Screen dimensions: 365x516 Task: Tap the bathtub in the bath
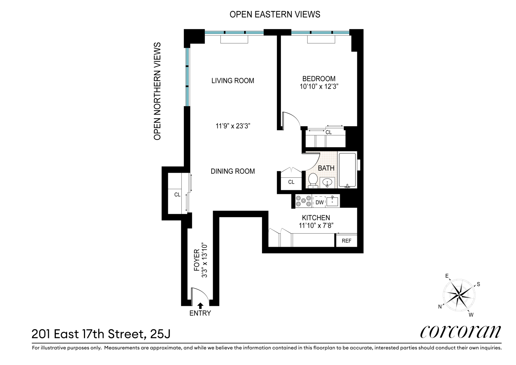[347, 170]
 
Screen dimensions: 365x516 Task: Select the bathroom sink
[328, 182]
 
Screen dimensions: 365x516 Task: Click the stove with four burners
[303, 201]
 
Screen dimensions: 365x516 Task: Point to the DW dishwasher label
[320, 202]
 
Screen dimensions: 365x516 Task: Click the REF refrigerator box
[346, 241]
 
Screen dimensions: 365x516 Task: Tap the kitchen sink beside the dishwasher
[332, 201]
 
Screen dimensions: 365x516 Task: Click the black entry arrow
[200, 306]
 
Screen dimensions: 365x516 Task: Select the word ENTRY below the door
[200, 313]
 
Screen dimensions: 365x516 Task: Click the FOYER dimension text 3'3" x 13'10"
[205, 261]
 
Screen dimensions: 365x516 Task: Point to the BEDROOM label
[319, 78]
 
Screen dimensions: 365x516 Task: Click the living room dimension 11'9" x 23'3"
[233, 126]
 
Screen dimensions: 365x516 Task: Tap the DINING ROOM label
[233, 171]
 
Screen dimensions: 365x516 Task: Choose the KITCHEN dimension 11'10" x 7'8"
[316, 226]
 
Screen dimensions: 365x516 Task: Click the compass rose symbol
[459, 295]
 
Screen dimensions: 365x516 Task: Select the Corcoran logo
[461, 331]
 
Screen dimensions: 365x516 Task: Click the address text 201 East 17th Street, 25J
[101, 334]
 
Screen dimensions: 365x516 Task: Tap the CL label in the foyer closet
[177, 195]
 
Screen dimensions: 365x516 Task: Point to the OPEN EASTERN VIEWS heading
[275, 14]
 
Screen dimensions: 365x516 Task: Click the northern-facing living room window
[188, 77]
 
